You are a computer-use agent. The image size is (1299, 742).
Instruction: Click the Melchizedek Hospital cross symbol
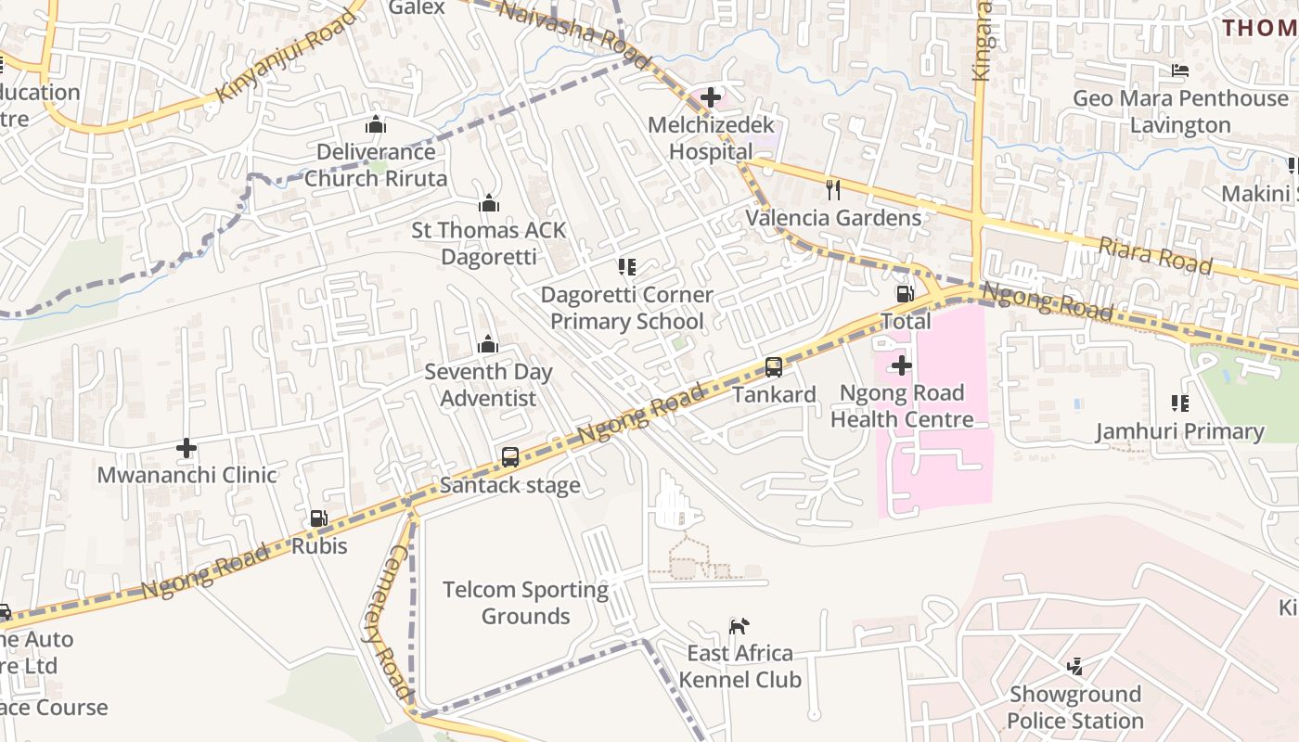[x=711, y=96]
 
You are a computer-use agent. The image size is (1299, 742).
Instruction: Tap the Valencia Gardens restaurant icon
[x=833, y=190]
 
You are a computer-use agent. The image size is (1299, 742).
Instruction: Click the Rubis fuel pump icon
[x=318, y=518]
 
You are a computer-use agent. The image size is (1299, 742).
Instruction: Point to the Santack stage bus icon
[x=510, y=456]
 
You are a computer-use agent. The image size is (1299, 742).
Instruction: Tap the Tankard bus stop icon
[x=774, y=366]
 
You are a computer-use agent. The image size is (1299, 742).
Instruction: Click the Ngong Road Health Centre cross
[x=901, y=365]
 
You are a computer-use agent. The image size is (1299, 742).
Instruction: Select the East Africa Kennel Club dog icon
[x=739, y=627]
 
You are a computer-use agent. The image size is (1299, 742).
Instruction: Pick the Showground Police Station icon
[x=1075, y=666]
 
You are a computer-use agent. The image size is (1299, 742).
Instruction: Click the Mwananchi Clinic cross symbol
[x=186, y=449]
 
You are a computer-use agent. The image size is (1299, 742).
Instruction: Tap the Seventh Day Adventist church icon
[x=488, y=345]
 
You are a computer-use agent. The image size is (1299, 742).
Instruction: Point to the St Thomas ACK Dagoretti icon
[x=489, y=203]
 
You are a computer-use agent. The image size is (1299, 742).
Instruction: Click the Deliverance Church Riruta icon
[x=376, y=124]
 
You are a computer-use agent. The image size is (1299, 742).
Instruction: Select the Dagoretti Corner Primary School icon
[x=627, y=267]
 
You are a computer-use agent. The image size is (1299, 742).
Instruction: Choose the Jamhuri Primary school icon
[x=1180, y=403]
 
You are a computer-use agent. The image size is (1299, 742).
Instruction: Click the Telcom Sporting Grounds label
[x=525, y=603]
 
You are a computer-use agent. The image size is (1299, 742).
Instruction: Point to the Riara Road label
[x=1155, y=255]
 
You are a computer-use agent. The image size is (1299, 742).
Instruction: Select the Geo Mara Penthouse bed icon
[x=1180, y=70]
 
